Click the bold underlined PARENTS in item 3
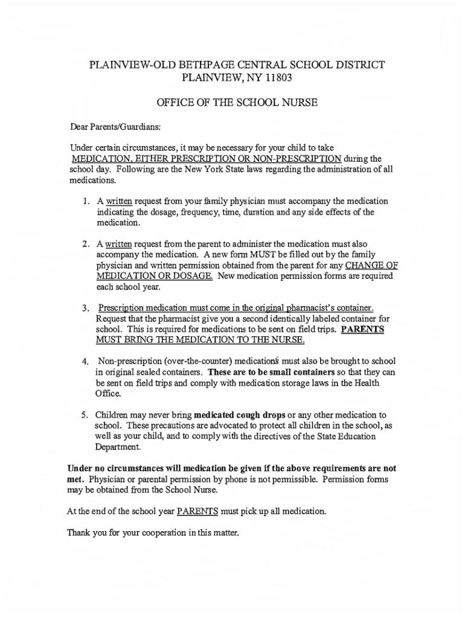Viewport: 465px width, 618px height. tap(362, 330)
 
